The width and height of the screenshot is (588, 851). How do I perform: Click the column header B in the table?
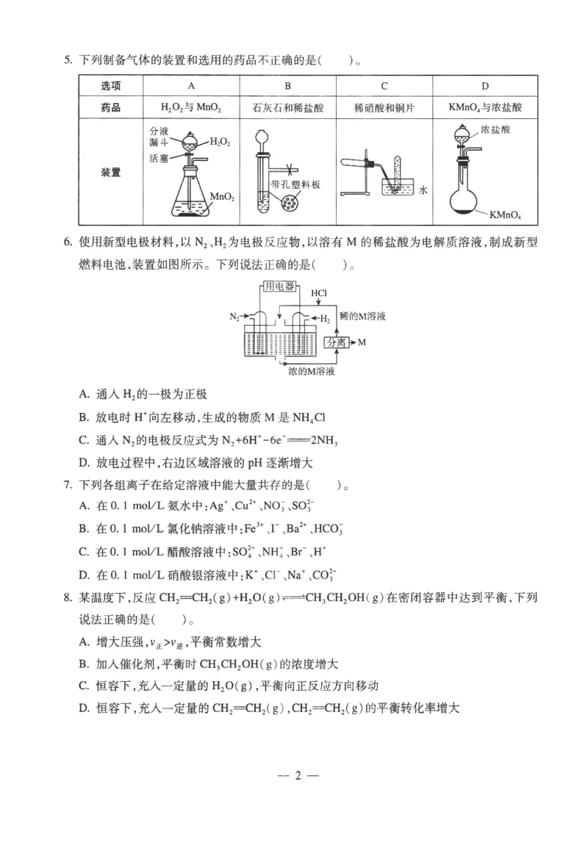point(287,86)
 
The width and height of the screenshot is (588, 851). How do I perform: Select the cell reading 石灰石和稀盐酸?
point(287,107)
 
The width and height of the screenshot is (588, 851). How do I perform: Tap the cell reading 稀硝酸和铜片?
point(384,107)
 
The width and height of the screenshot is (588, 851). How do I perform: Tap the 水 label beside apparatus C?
point(423,190)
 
